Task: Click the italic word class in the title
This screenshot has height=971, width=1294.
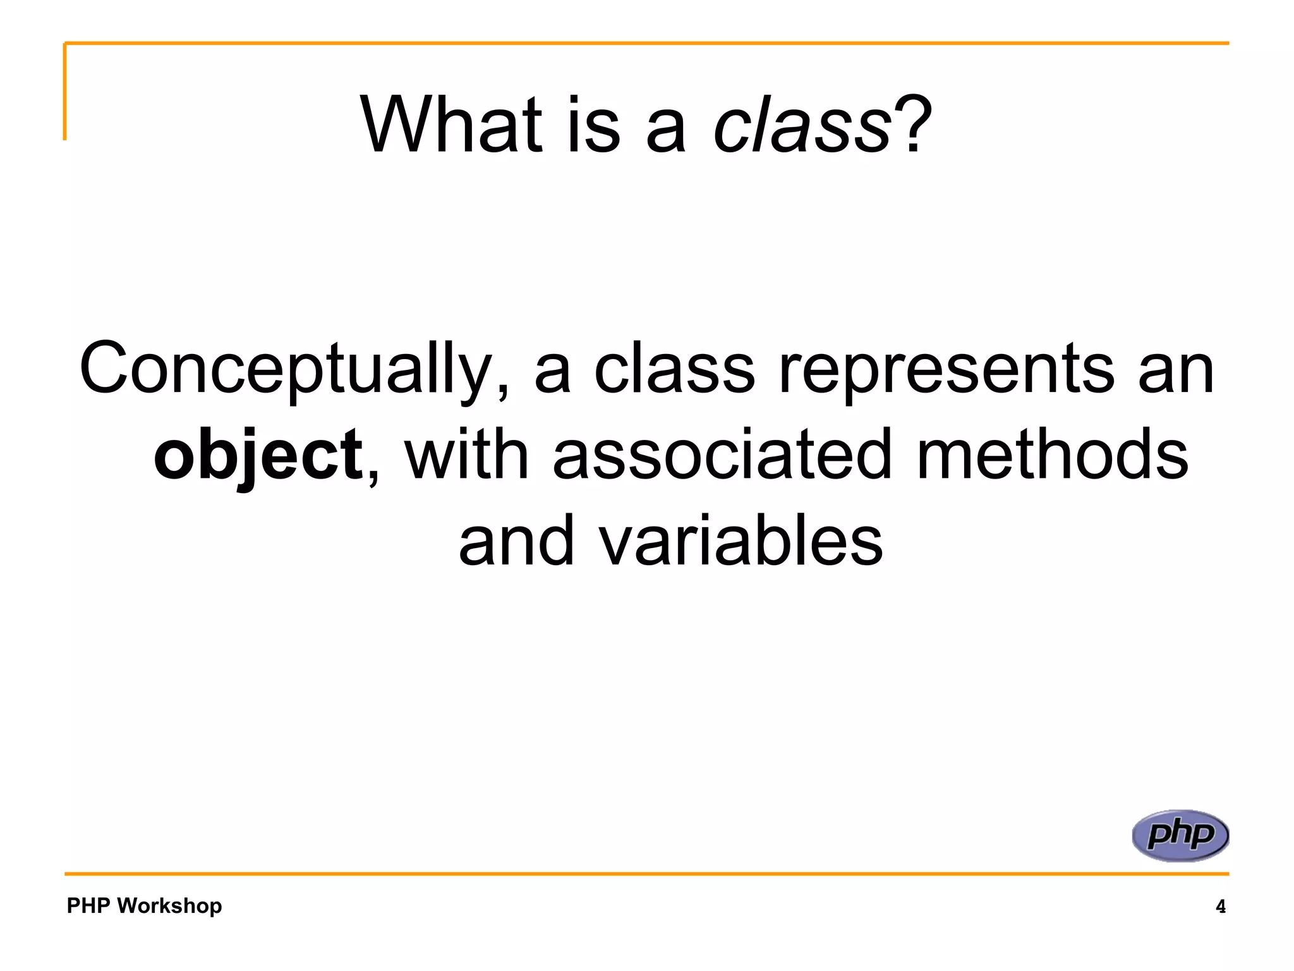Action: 801,125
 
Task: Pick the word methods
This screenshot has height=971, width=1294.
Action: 1051,455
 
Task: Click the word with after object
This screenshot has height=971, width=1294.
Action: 466,455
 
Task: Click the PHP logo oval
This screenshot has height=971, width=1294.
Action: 1180,835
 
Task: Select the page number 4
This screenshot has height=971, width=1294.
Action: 1220,907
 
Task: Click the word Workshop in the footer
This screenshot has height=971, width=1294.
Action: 169,906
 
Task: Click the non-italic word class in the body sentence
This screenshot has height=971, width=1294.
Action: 674,370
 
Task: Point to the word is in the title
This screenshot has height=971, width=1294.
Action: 593,125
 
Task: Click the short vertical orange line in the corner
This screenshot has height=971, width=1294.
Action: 64,92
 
